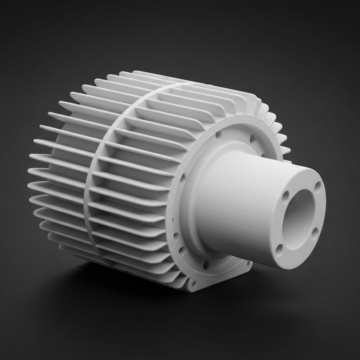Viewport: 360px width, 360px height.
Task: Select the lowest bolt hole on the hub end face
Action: (279, 250)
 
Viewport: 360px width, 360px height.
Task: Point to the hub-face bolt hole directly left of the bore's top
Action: (286, 194)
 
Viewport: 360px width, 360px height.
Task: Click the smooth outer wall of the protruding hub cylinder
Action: (239, 204)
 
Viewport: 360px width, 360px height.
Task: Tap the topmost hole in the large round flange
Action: (218, 134)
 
